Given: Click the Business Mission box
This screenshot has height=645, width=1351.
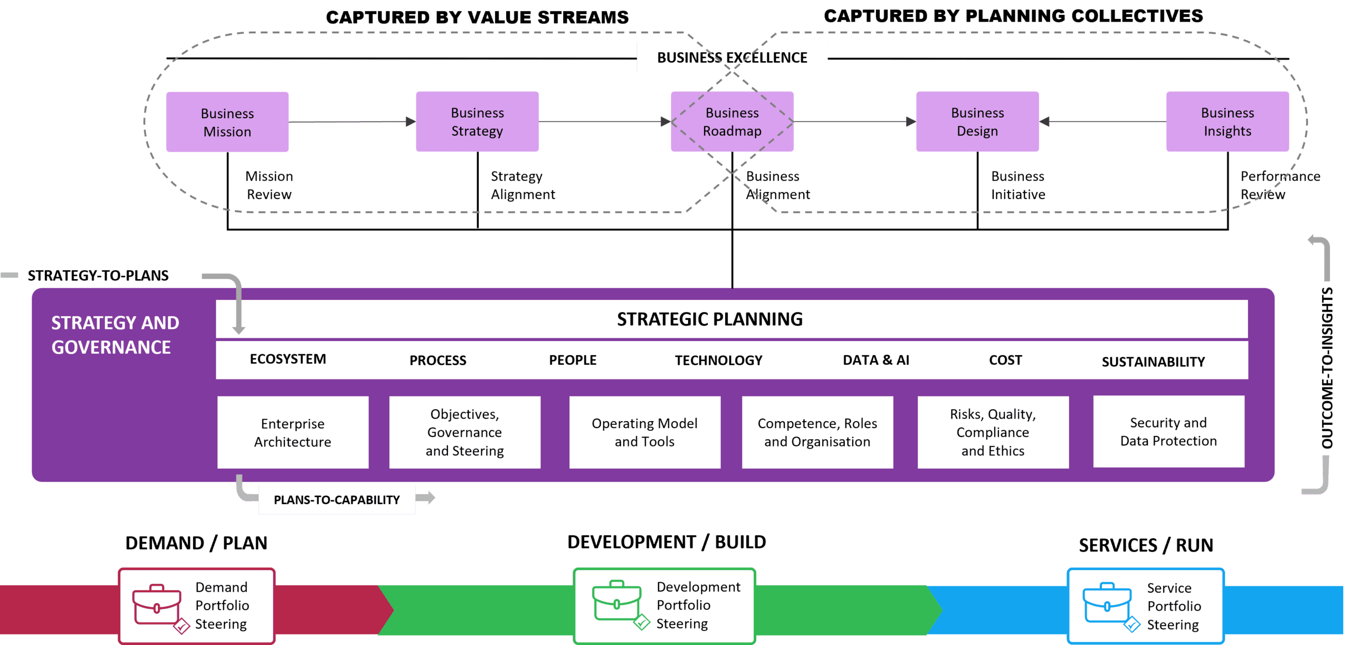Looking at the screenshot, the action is tap(227, 122).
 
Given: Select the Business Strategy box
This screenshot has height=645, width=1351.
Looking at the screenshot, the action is tap(477, 121).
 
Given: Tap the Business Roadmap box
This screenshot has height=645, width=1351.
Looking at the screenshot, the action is tap(732, 121).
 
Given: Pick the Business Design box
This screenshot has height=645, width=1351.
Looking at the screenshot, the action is tap(977, 121).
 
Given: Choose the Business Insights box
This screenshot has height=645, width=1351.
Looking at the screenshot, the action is tap(1228, 121).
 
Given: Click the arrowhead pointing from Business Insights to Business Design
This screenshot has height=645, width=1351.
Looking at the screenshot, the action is tap(1044, 121).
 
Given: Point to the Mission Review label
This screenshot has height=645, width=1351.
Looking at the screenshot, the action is tap(269, 185).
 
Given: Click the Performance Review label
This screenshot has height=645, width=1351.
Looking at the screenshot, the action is tap(1280, 185).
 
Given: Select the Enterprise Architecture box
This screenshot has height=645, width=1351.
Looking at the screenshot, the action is tap(293, 432).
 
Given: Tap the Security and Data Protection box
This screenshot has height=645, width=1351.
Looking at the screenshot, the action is tap(1168, 431).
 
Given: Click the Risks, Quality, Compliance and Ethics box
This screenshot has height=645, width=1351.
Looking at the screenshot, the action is tap(993, 432).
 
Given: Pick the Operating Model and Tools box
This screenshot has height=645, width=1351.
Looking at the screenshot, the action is tap(644, 432).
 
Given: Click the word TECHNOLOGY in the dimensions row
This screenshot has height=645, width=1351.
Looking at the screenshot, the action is tap(718, 361).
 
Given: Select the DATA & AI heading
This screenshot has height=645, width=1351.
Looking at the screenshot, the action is tap(876, 360).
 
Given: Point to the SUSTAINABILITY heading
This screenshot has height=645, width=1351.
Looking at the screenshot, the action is tap(1153, 362).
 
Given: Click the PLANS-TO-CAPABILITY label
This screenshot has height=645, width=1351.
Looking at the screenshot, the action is tap(337, 500).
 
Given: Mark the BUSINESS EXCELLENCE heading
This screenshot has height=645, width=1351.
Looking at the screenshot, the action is tap(732, 58).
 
